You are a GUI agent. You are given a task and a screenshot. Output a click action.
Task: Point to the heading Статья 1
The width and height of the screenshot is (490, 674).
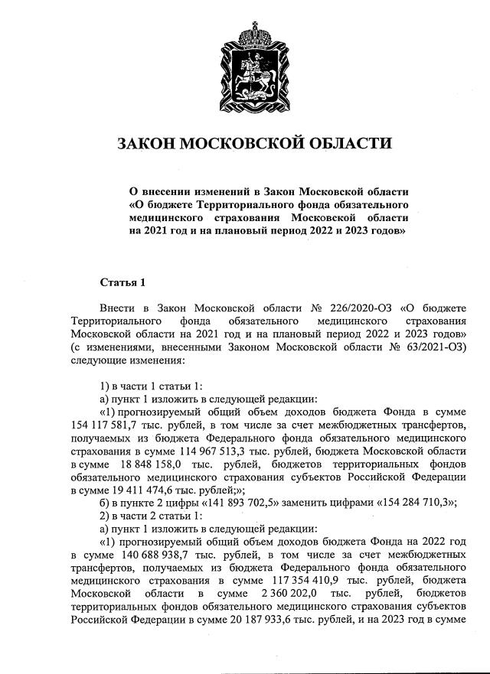(x=122, y=283)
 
